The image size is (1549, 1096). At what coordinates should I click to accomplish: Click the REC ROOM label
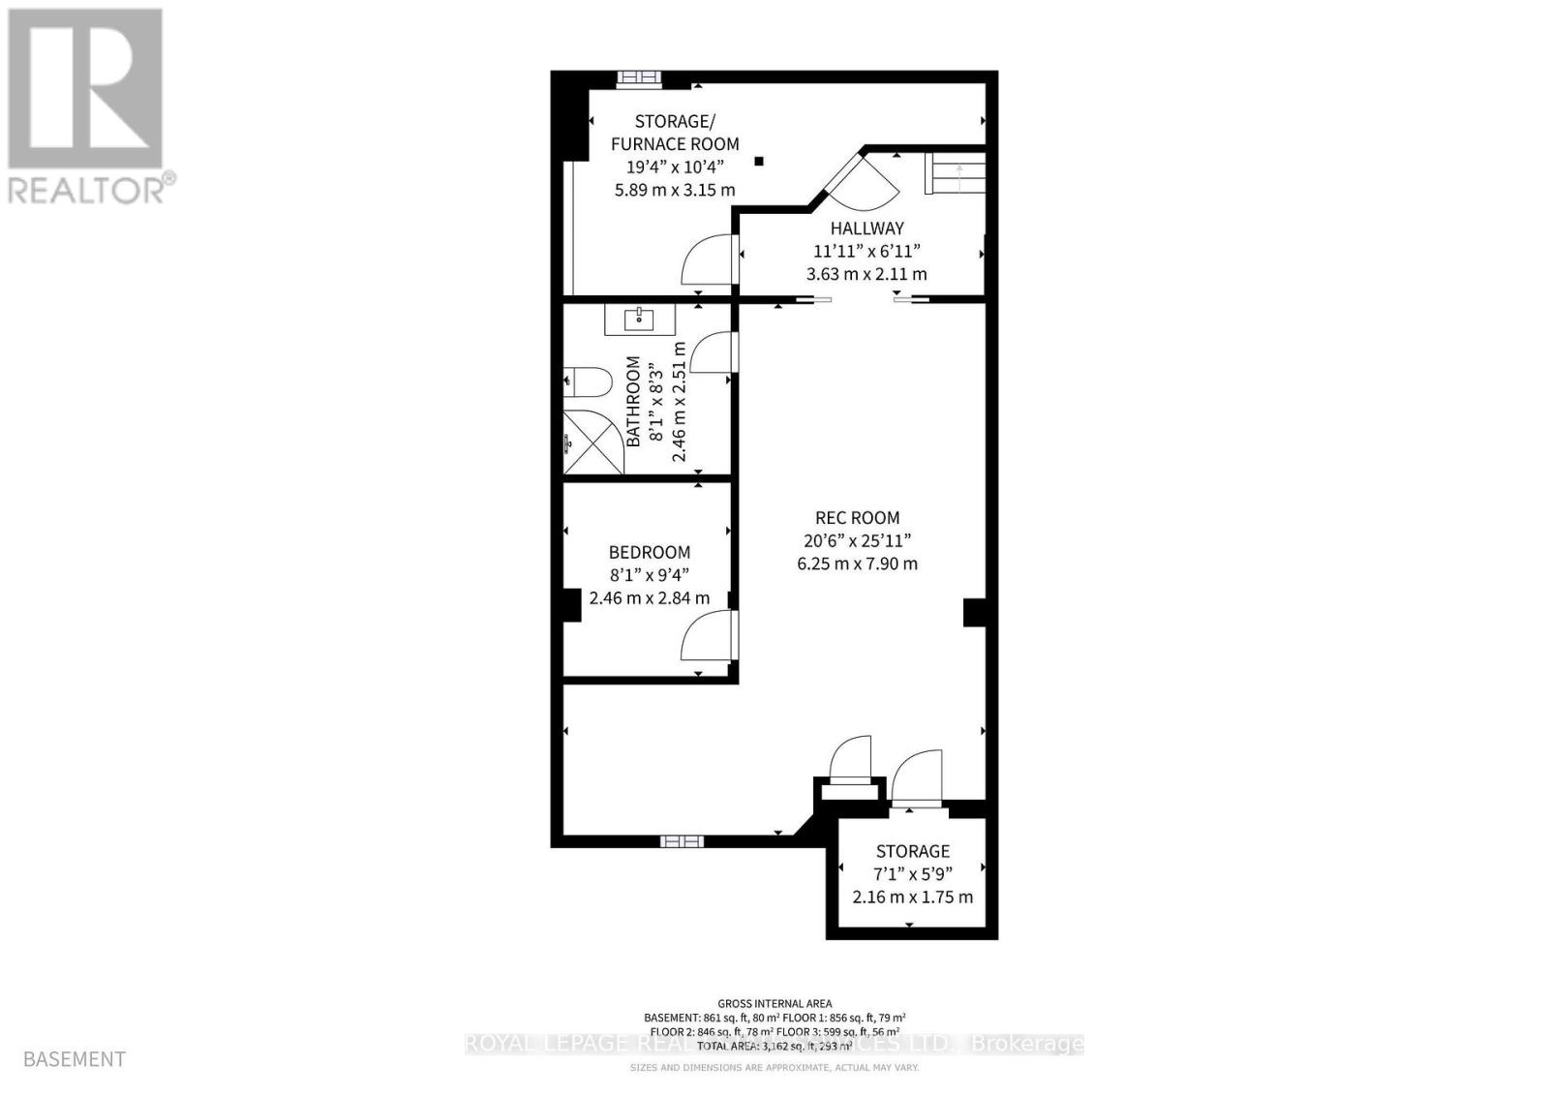857,518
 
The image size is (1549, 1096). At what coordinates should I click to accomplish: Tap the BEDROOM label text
650,552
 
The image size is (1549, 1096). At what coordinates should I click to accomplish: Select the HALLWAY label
866,228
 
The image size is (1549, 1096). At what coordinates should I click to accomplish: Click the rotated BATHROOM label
633,401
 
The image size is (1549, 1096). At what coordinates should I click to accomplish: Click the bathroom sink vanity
640,320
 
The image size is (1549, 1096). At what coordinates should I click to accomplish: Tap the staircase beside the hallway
955,174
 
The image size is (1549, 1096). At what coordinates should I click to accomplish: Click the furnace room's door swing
708,261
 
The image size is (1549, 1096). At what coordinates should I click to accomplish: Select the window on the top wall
640,78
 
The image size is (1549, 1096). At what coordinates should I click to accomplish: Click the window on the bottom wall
682,840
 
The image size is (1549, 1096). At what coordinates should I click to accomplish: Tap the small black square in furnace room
760,162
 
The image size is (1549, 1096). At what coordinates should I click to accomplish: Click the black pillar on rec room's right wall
974,613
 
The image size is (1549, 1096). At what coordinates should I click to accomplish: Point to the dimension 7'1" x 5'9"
913,874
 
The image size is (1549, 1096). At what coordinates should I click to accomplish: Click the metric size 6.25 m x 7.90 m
857,563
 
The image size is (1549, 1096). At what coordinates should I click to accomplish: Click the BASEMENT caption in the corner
75,1059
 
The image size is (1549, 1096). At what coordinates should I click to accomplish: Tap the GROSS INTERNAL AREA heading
774,1004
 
